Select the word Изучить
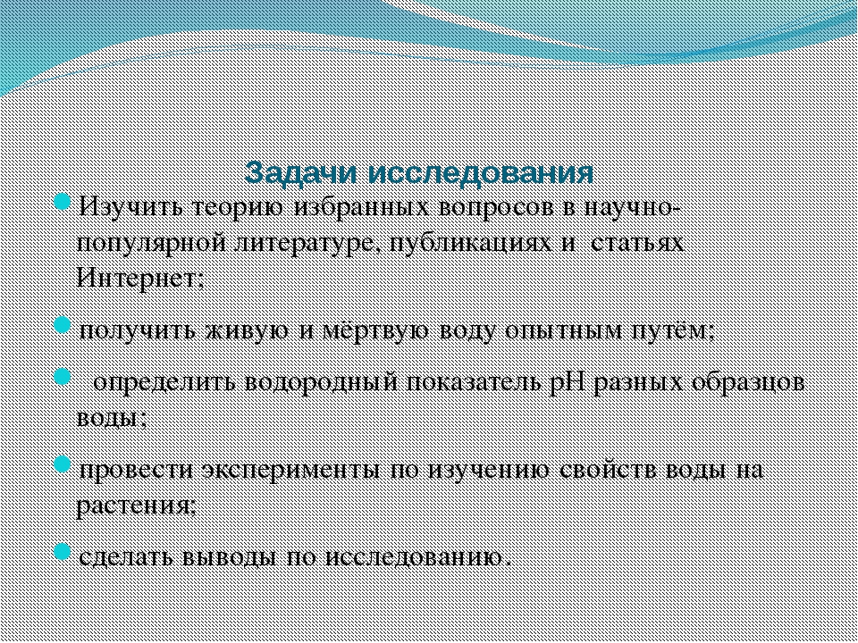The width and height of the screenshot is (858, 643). pyautogui.click(x=129, y=208)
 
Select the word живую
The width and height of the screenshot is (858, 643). pyautogui.click(x=247, y=330)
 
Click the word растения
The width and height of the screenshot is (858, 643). pyautogui.click(x=135, y=505)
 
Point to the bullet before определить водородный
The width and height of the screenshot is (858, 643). pyautogui.click(x=63, y=376)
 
